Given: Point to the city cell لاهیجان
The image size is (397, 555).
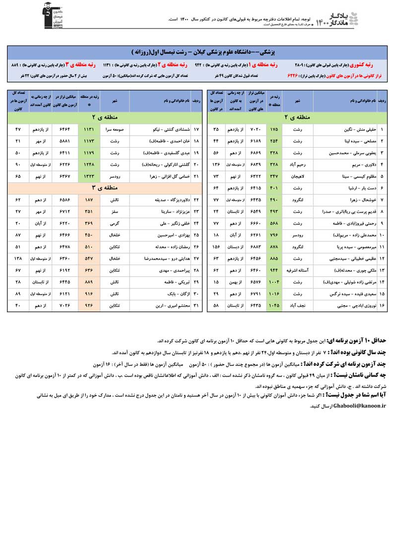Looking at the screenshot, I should (x=297, y=175).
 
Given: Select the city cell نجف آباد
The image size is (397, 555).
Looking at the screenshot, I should (x=297, y=306).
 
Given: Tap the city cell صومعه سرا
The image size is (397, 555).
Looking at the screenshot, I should (x=115, y=129).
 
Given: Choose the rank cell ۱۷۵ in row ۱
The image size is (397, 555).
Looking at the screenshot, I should (x=274, y=129).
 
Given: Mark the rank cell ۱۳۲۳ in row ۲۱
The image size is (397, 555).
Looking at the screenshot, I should (x=89, y=175).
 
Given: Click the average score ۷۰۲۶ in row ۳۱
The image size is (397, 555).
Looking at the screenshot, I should (x=65, y=306).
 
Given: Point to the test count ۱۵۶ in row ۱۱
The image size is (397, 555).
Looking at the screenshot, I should (x=215, y=246).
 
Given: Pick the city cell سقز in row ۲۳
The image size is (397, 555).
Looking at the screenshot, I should (x=115, y=212).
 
